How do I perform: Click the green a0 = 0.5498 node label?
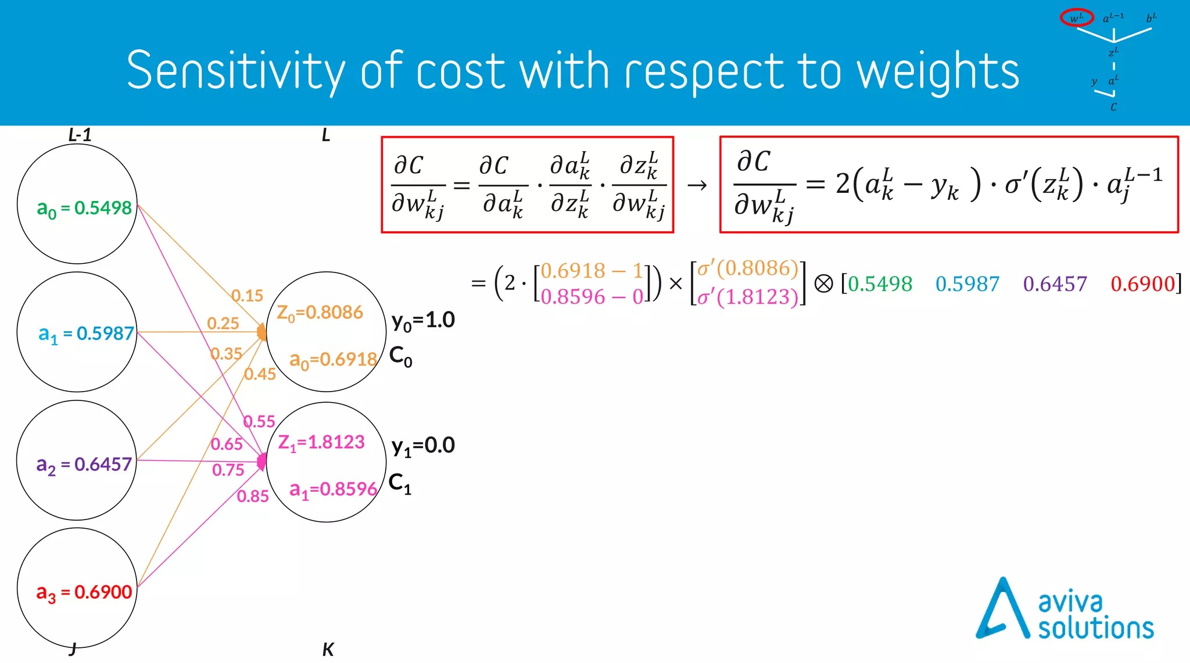pos(84,208)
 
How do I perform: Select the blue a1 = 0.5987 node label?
pos(86,334)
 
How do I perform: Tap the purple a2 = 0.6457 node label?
pos(84,464)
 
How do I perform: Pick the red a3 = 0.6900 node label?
pos(84,592)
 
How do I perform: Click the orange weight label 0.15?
pos(248,296)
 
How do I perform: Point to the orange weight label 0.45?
pos(260,374)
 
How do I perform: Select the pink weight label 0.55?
pos(259,421)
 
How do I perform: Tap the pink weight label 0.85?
pos(253,496)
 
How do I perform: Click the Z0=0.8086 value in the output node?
pos(320,313)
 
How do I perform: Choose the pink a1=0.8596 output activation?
pos(334,489)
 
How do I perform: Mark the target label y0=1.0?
pos(423,320)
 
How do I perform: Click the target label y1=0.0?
pos(423,446)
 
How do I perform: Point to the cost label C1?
pos(400,483)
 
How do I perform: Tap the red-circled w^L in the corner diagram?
pos(1077,18)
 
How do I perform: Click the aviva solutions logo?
pos(1064,609)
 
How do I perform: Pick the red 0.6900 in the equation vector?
pos(1143,284)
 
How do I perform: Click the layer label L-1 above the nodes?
pos(80,135)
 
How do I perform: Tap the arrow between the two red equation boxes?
pos(697,185)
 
